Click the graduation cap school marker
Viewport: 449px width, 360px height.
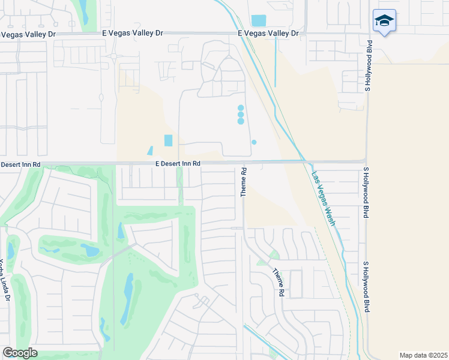click(384, 21)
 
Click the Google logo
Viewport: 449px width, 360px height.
click(20, 353)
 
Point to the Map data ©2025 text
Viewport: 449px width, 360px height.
click(424, 355)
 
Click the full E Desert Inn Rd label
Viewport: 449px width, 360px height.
click(178, 163)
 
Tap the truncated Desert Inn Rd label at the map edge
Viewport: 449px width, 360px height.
click(20, 164)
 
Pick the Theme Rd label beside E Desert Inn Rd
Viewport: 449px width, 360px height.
click(244, 182)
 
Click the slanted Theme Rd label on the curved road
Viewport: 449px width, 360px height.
click(279, 283)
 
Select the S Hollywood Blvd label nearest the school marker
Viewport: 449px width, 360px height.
click(369, 66)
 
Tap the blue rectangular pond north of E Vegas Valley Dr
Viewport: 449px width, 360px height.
click(258, 20)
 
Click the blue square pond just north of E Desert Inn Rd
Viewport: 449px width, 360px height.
click(167, 140)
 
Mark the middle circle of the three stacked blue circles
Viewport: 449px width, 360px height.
click(241, 114)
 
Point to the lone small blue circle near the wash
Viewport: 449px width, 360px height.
click(254, 142)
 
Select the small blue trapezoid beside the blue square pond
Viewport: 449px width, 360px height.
click(149, 151)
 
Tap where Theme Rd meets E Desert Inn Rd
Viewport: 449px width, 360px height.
click(244, 163)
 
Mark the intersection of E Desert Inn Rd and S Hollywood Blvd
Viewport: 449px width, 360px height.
click(366, 161)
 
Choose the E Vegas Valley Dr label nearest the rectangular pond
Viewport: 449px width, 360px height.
click(268, 34)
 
